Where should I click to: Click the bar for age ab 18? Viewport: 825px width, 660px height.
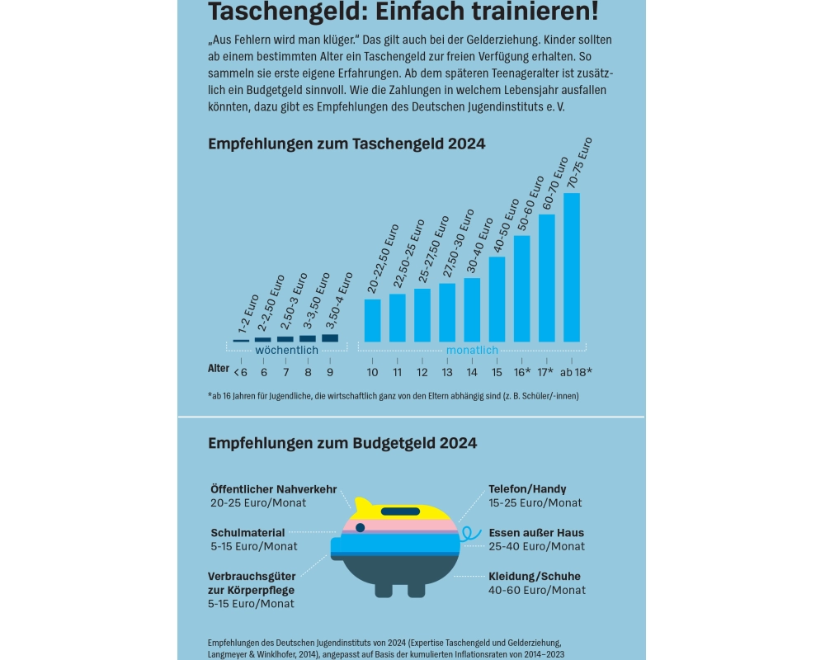572,267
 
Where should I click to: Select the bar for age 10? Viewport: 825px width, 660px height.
373,320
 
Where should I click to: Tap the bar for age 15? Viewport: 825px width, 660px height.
497,299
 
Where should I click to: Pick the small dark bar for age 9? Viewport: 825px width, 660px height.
329,337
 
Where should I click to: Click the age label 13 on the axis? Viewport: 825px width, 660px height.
447,371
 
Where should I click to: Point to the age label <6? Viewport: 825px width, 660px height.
240,371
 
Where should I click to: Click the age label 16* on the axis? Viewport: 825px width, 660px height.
521,371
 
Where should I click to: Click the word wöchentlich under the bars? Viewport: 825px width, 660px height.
286,351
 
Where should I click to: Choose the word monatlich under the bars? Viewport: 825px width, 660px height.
473,351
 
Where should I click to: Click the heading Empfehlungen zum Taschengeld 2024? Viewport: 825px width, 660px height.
346,144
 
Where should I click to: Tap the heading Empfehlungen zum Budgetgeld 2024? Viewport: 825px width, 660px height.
342,443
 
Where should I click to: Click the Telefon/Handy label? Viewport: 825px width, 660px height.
527,489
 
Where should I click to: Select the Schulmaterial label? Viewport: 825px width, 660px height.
247,533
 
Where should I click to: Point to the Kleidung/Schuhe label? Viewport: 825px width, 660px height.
534,576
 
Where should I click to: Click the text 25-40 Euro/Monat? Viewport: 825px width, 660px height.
536,546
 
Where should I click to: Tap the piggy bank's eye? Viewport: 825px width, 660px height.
360,527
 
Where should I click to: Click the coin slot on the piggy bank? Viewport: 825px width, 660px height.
409,511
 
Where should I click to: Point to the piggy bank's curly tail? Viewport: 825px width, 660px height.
469,535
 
